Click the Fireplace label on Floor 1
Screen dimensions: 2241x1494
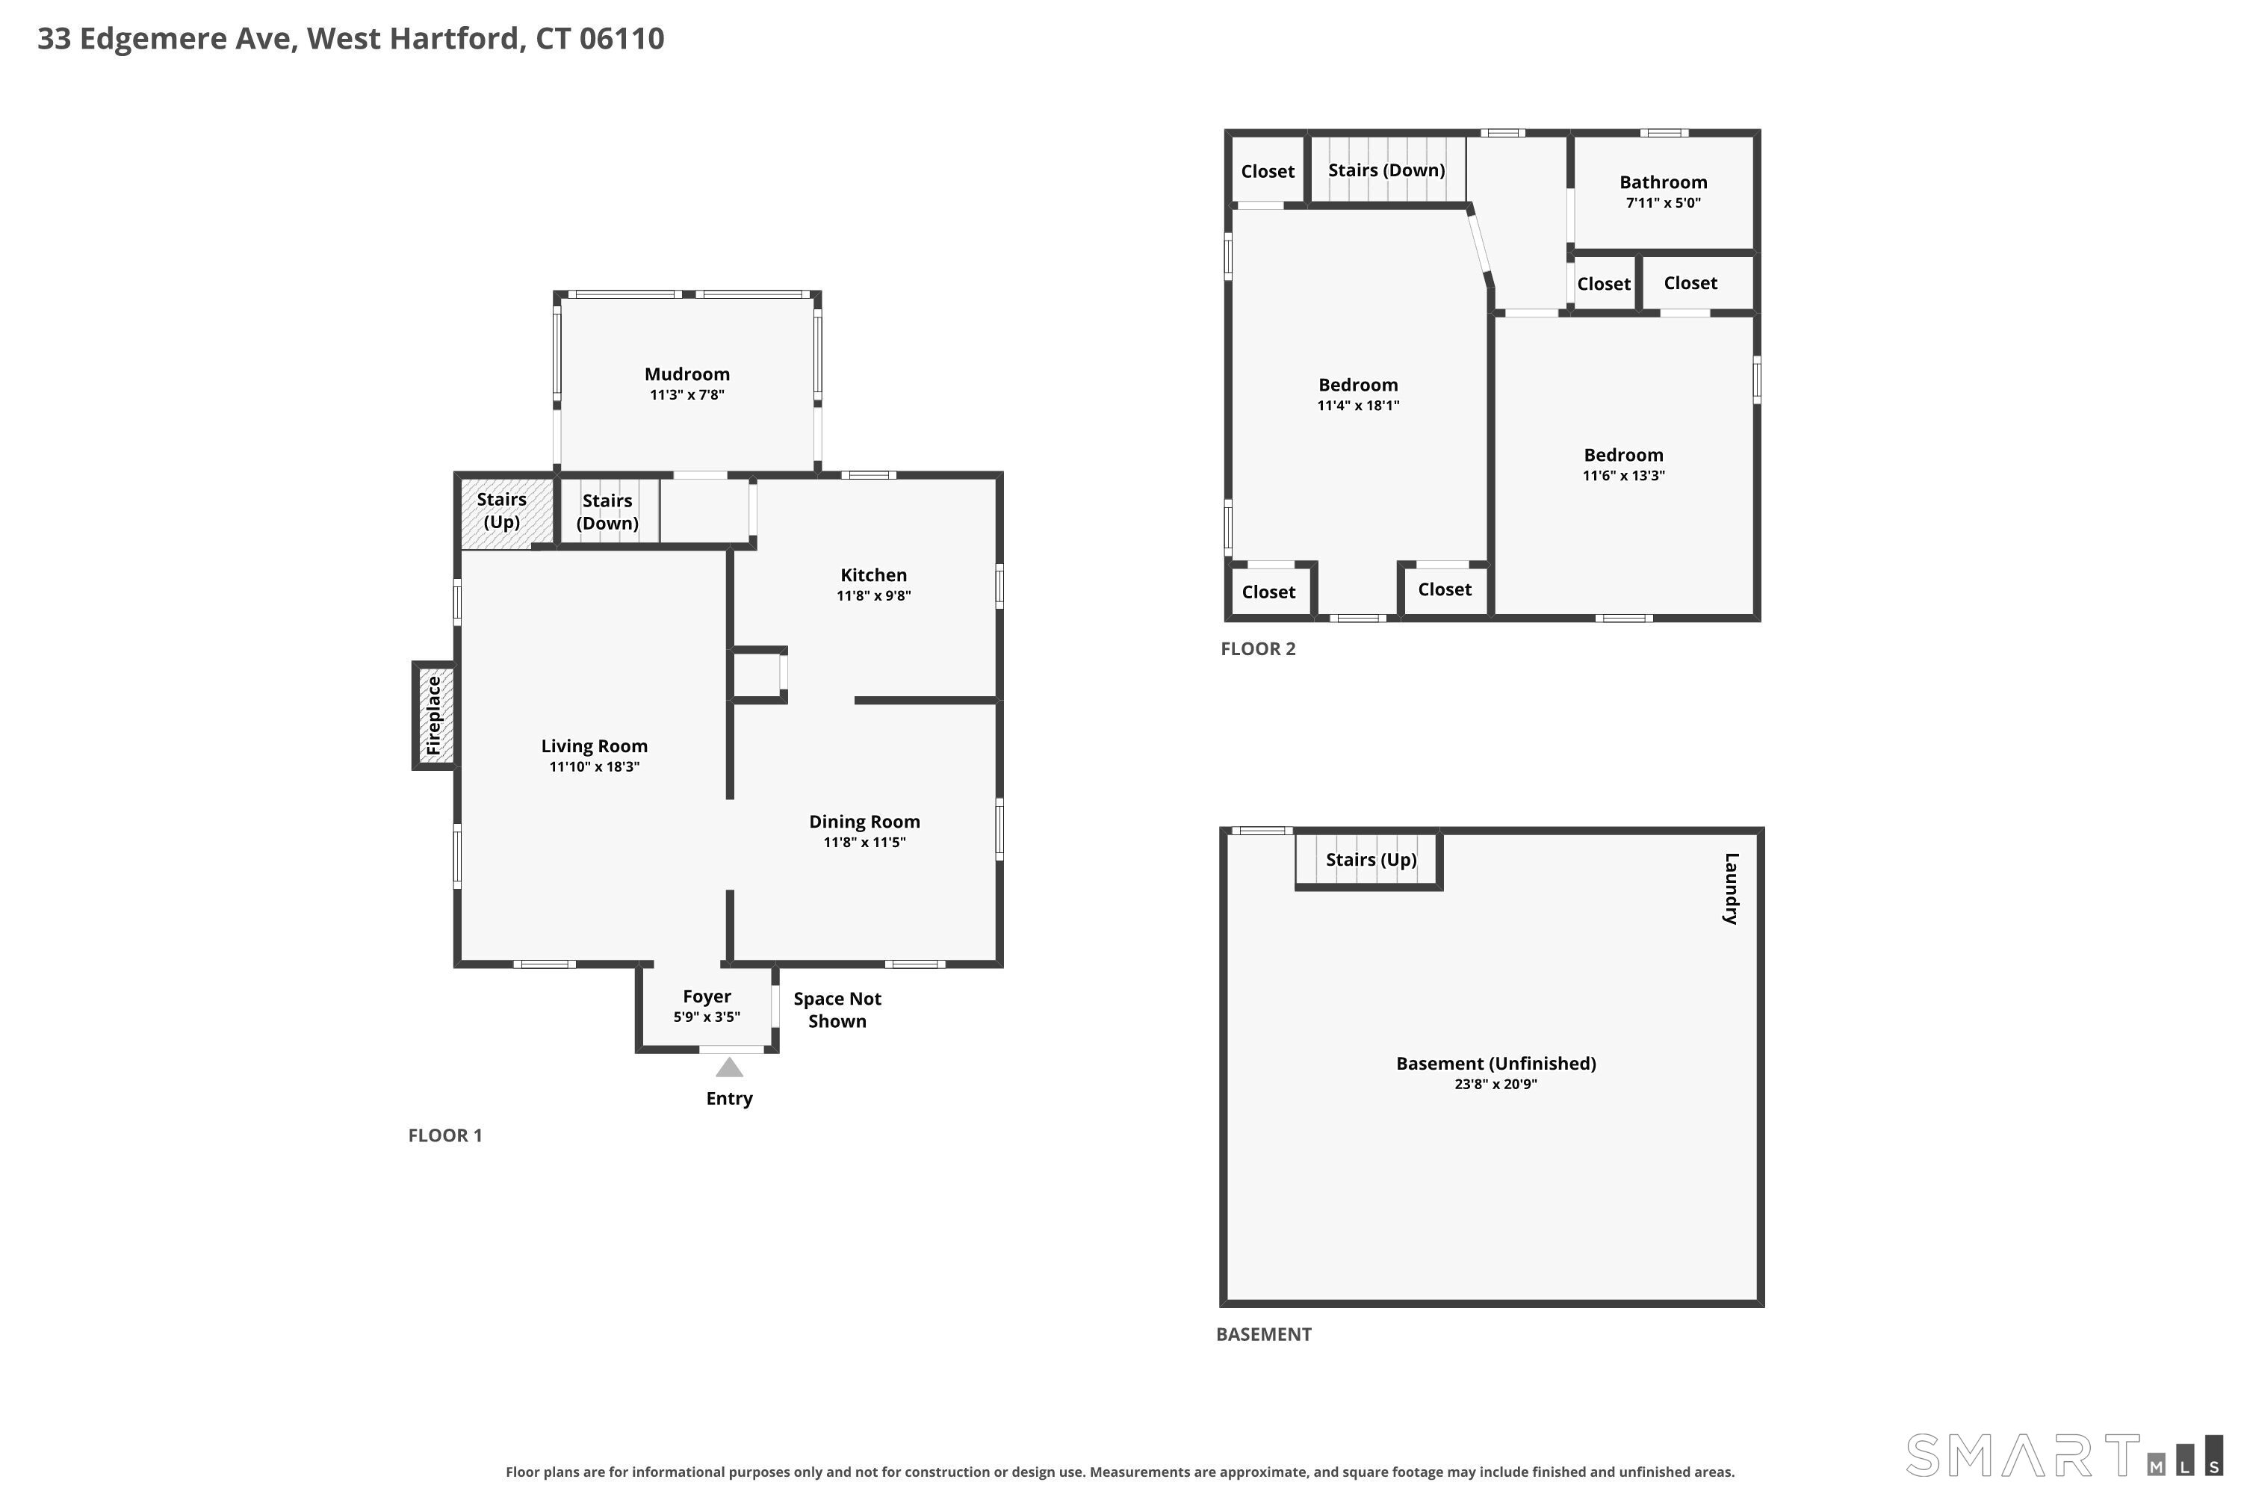click(x=435, y=716)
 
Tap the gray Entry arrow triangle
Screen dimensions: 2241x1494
click(x=729, y=1067)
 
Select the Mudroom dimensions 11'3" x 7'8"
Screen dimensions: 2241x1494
click(x=687, y=394)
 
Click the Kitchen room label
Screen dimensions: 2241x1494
click(x=874, y=574)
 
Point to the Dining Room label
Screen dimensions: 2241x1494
click(x=864, y=821)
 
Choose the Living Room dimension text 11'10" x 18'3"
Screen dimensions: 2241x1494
click(x=595, y=766)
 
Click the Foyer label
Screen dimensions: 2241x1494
click(x=707, y=996)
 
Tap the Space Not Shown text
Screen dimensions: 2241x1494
click(x=837, y=1010)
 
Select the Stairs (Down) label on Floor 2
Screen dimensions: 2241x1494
click(x=1386, y=170)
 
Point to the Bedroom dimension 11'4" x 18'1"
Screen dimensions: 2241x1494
click(x=1359, y=405)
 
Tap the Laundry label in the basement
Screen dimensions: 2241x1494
click(x=1732, y=888)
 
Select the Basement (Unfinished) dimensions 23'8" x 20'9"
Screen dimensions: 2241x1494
click(x=1496, y=1083)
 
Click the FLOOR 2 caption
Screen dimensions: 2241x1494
click(x=1258, y=649)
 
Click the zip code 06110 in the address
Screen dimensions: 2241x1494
click(x=622, y=38)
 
